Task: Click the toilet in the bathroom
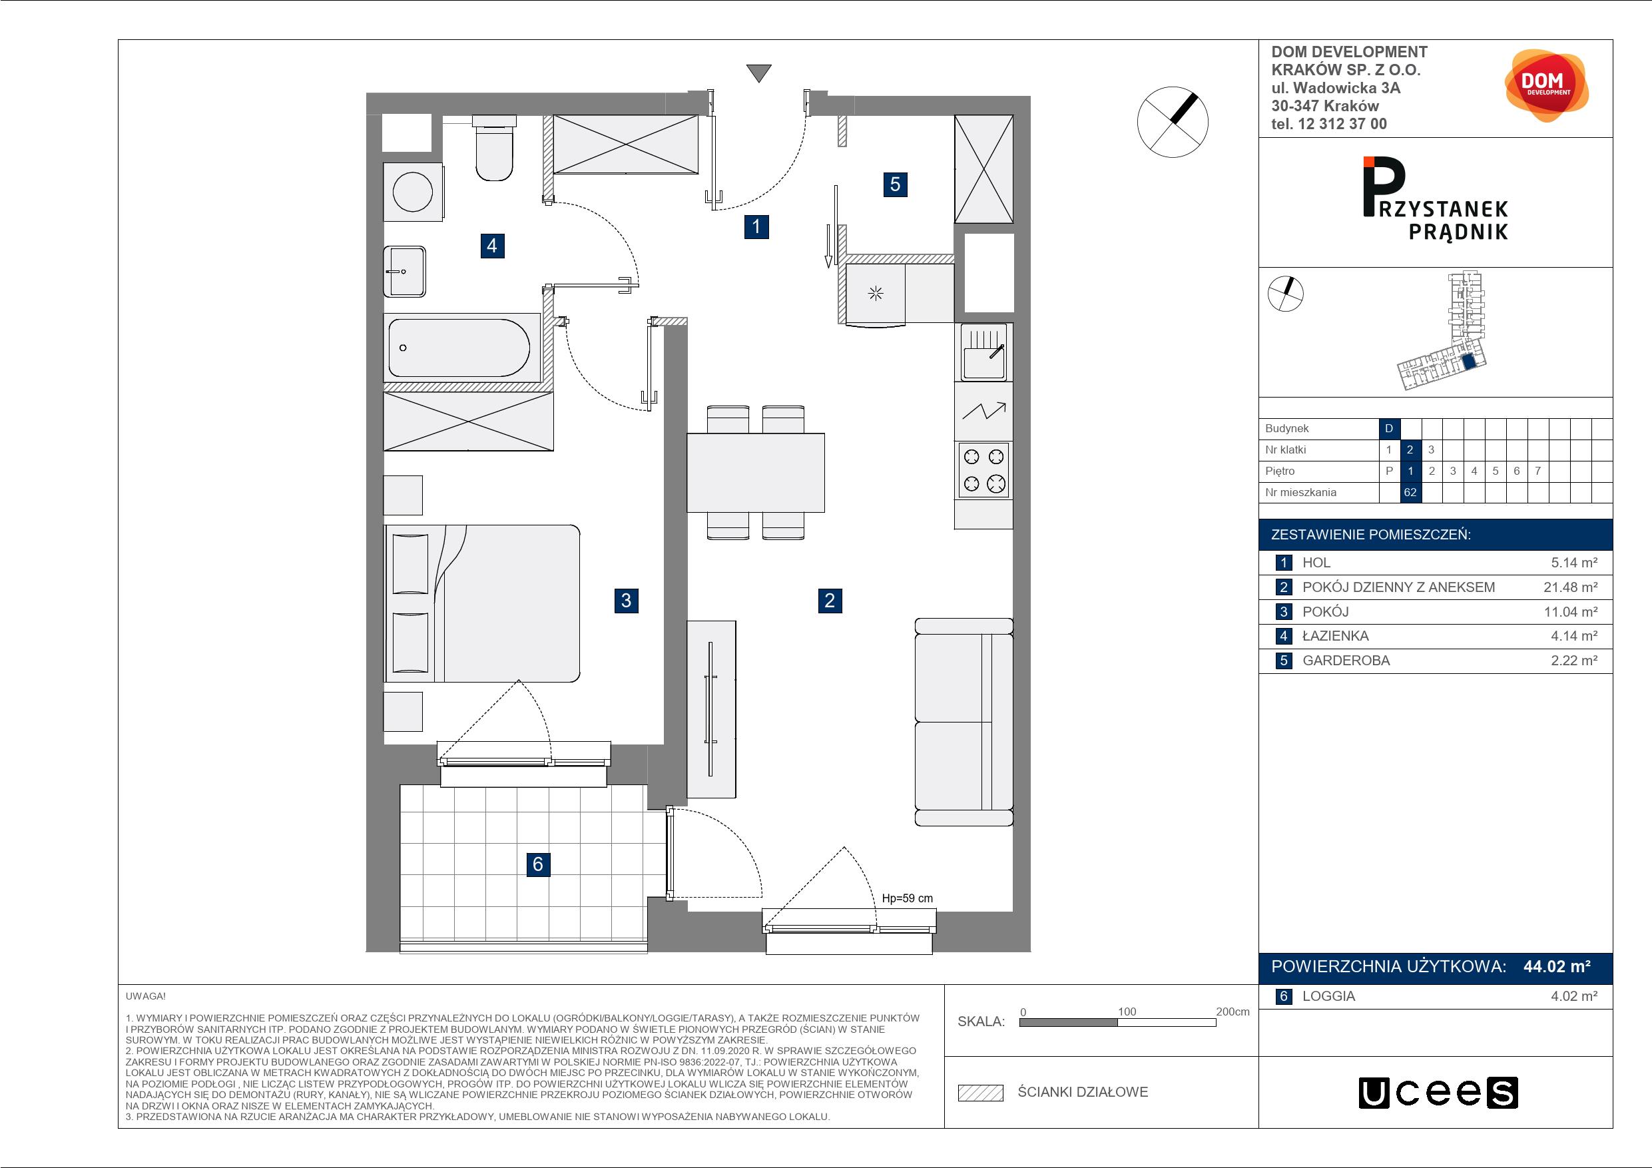click(x=494, y=148)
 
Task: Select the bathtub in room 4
click(x=461, y=348)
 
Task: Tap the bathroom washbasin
click(x=404, y=271)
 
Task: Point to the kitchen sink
click(x=984, y=352)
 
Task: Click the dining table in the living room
click(x=756, y=472)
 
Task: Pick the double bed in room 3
click(x=482, y=603)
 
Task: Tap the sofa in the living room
click(x=964, y=722)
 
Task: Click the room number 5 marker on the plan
click(x=895, y=184)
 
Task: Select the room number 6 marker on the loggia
click(x=537, y=864)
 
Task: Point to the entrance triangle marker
click(x=759, y=73)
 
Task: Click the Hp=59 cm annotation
click(x=908, y=898)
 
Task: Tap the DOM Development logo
click(x=1546, y=86)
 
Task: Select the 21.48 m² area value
click(x=1571, y=587)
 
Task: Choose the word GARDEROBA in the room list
click(x=1346, y=661)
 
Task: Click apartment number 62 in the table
click(x=1410, y=492)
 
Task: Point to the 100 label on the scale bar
click(x=1127, y=1012)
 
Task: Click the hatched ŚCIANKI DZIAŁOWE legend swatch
click(x=981, y=1093)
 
